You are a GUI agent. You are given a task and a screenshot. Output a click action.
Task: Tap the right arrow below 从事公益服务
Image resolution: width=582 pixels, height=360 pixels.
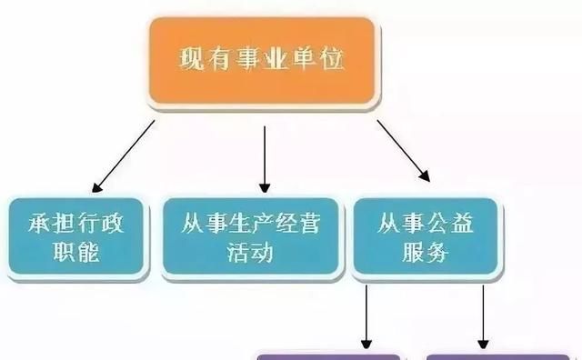482,315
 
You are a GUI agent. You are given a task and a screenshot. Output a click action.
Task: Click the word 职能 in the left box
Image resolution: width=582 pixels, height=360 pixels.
75,252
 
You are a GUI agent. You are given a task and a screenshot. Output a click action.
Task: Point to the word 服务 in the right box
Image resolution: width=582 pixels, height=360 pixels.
426,252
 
